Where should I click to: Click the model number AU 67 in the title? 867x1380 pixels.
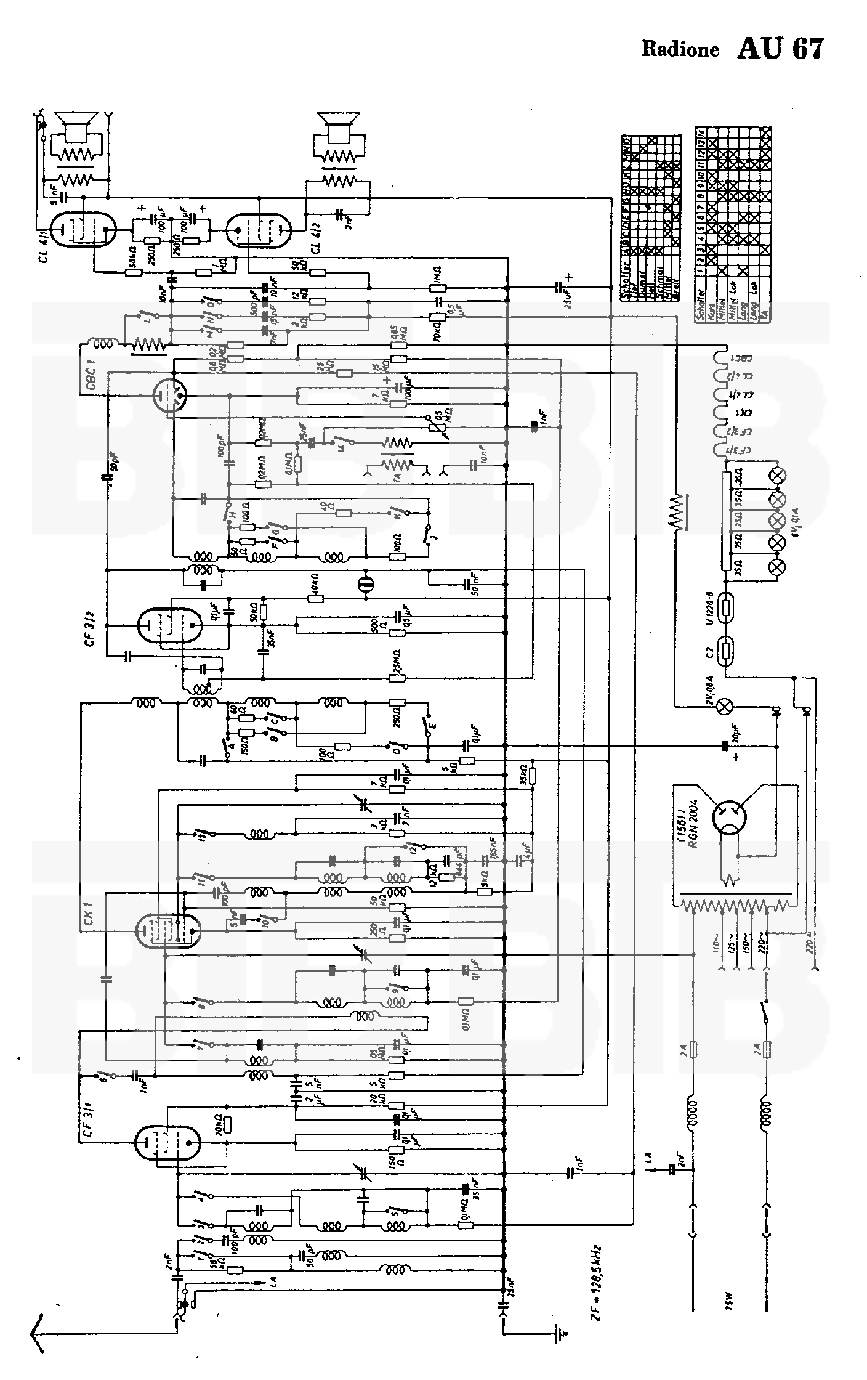[780, 49]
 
